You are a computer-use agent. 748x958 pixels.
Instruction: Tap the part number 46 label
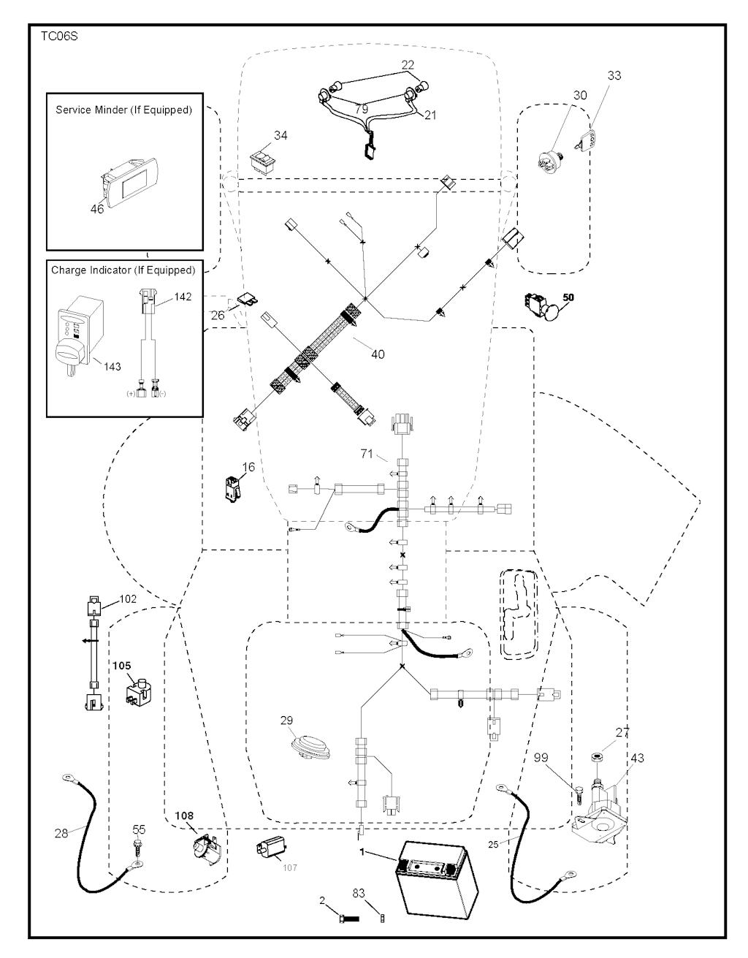(x=97, y=209)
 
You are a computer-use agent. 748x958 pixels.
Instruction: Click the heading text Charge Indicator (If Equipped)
(x=123, y=270)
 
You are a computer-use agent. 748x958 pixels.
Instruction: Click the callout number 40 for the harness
(x=377, y=354)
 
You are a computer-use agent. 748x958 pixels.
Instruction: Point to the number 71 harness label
(x=367, y=455)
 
